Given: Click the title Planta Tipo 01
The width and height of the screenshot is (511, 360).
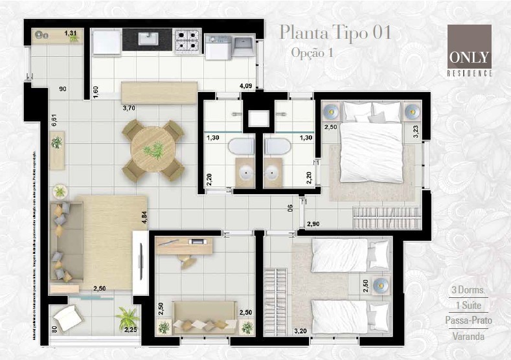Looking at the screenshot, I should tap(335, 32).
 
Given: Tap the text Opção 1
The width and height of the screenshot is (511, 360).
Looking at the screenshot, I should tap(312, 52).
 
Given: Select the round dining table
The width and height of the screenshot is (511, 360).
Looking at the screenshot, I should tap(153, 150).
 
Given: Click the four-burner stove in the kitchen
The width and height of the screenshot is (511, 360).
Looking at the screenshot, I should tap(187, 42).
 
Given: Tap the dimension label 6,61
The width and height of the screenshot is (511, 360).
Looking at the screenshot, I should tap(56, 122).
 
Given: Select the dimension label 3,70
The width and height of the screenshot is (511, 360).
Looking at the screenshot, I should tap(130, 109).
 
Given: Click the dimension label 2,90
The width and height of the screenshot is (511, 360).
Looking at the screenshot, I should tap(313, 223).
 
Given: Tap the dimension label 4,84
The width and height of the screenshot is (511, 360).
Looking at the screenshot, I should tap(145, 218).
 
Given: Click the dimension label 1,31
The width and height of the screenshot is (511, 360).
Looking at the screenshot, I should tap(71, 33).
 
